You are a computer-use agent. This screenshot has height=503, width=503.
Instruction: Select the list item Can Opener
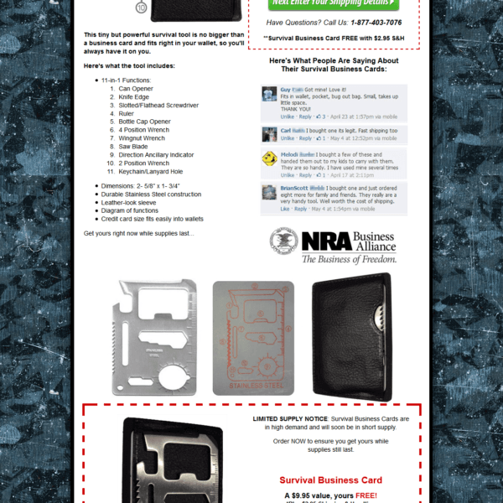(x=137, y=88)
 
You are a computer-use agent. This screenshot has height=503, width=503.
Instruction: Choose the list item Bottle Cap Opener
(x=144, y=122)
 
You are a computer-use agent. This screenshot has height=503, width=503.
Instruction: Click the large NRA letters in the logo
(x=326, y=241)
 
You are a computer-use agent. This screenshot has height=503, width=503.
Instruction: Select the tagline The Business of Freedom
(x=349, y=260)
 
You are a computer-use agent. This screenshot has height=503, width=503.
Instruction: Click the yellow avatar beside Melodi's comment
(x=269, y=158)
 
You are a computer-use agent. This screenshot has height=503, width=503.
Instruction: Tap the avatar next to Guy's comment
(x=269, y=93)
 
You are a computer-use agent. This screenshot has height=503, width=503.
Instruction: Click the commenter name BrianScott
(x=294, y=188)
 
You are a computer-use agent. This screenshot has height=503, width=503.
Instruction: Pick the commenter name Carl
(x=286, y=131)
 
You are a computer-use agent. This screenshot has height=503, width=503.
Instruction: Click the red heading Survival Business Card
(x=330, y=480)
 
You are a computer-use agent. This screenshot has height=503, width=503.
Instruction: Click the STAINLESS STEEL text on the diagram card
(x=253, y=386)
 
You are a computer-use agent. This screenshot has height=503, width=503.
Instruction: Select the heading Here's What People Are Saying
(x=334, y=65)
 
